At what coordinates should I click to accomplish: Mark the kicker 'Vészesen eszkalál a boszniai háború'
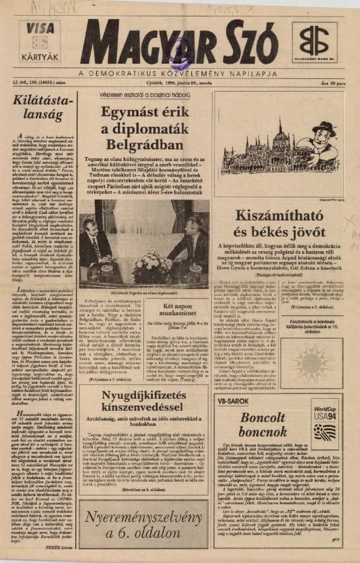(143, 94)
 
